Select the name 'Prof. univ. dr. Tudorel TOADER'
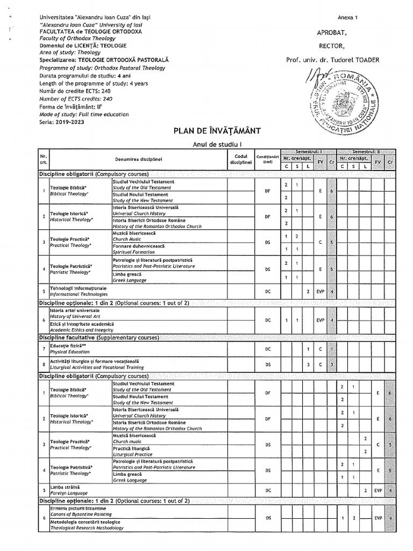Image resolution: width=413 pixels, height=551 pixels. [x=332, y=60]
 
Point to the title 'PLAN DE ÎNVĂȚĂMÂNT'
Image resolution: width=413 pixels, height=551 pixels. [x=217, y=131]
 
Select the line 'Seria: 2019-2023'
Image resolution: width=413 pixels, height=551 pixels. [x=62, y=122]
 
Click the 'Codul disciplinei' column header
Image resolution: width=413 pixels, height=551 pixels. [x=240, y=159]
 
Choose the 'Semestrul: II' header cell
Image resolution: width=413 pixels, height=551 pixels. [x=366, y=152]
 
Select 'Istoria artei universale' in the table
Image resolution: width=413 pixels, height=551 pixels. [x=75, y=310]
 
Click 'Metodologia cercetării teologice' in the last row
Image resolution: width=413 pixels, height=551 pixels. [x=85, y=522]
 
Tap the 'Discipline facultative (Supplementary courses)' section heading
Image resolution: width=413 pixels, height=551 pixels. [x=98, y=337]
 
